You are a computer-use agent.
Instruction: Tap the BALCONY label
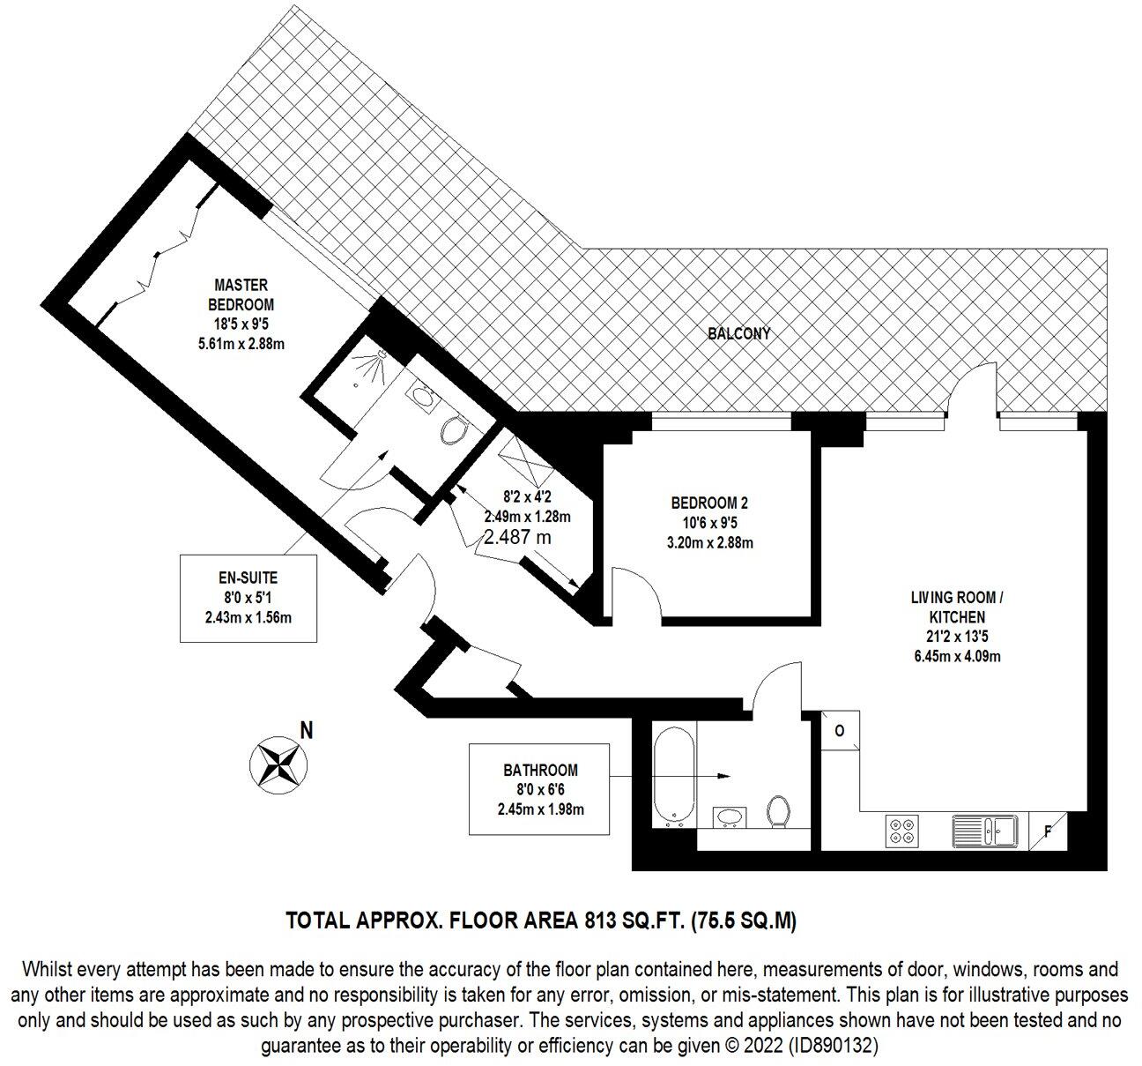[x=738, y=334]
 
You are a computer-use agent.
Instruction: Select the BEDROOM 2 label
[x=709, y=503]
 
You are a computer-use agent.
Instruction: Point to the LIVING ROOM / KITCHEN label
[x=957, y=608]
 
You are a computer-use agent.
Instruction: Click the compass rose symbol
[x=278, y=763]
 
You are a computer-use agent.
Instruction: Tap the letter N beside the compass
[x=307, y=730]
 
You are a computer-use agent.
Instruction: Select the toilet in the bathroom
[x=777, y=811]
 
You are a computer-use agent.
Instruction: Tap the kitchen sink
[x=985, y=831]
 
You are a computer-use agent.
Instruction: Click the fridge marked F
[x=1048, y=831]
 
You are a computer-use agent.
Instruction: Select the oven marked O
[x=839, y=731]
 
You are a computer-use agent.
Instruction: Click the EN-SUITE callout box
[x=248, y=598]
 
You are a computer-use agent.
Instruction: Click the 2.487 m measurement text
[x=519, y=537]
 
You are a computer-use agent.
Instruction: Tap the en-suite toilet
[x=455, y=429]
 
